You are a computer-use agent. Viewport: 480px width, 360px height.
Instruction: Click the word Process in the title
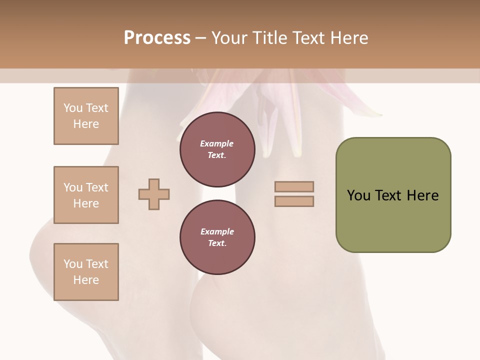(157, 37)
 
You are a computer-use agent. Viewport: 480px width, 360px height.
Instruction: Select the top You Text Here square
(86, 116)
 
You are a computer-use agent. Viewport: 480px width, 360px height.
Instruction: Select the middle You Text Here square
(86, 195)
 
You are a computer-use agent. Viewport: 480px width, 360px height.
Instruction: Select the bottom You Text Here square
(86, 272)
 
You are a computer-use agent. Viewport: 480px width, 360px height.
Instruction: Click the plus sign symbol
(154, 194)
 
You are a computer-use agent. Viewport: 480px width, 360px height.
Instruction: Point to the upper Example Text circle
(217, 149)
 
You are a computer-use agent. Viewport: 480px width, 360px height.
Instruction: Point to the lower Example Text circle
(217, 237)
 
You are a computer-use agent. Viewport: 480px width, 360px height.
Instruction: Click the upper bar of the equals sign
(294, 187)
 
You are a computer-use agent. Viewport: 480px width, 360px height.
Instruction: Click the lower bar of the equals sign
(294, 201)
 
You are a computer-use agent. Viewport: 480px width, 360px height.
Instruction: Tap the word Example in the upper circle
(217, 143)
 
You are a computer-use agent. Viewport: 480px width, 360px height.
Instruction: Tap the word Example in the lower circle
(217, 231)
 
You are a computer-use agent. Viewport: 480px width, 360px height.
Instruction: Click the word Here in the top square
(86, 124)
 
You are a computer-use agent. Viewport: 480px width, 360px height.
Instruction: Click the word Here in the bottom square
(86, 280)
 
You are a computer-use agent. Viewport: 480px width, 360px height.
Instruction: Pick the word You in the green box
(358, 195)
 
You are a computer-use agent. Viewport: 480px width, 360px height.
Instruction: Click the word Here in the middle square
(86, 203)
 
